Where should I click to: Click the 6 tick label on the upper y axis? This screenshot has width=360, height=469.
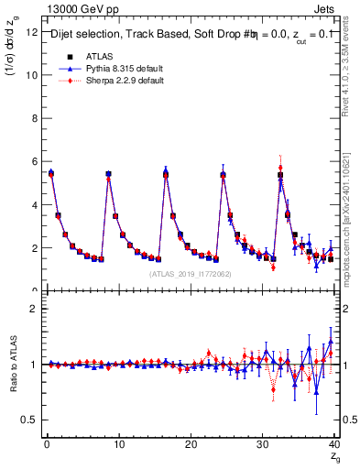pos(33,161)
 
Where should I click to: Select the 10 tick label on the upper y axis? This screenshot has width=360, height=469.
pos(30,75)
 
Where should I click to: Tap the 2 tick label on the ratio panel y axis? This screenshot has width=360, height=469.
pos(33,309)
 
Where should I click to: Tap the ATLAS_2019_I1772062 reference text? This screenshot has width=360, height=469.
pos(191,274)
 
